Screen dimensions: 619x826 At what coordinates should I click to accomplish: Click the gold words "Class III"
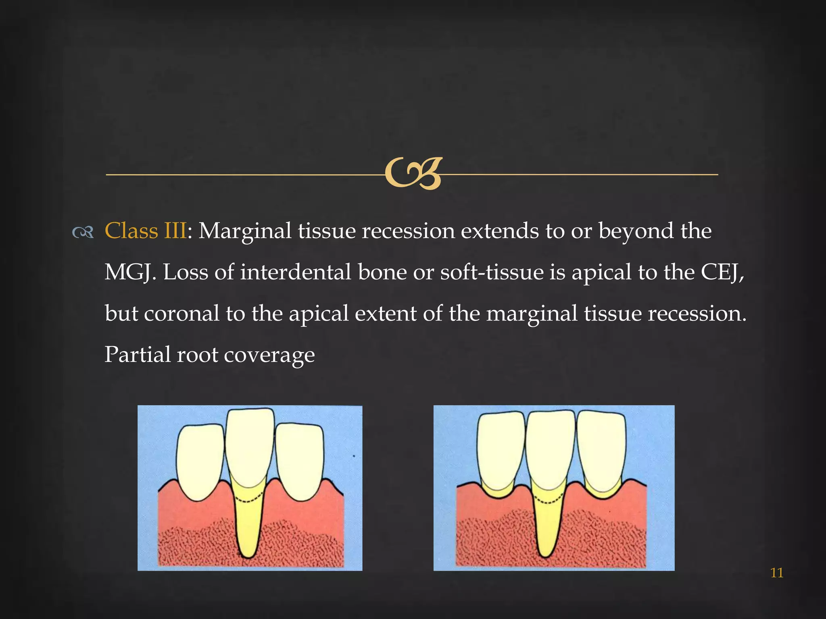point(145,231)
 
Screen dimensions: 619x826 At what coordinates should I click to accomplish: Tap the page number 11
point(776,573)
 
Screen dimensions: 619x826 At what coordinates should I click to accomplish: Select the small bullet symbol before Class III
point(83,232)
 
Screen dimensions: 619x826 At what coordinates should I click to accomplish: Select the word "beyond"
point(636,231)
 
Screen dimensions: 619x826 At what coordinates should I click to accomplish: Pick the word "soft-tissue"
point(491,272)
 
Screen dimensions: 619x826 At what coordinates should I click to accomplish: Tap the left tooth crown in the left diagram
point(200,461)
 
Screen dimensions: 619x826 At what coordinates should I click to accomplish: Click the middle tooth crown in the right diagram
point(550,447)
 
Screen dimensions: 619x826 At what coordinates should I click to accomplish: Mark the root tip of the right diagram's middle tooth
point(545,555)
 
